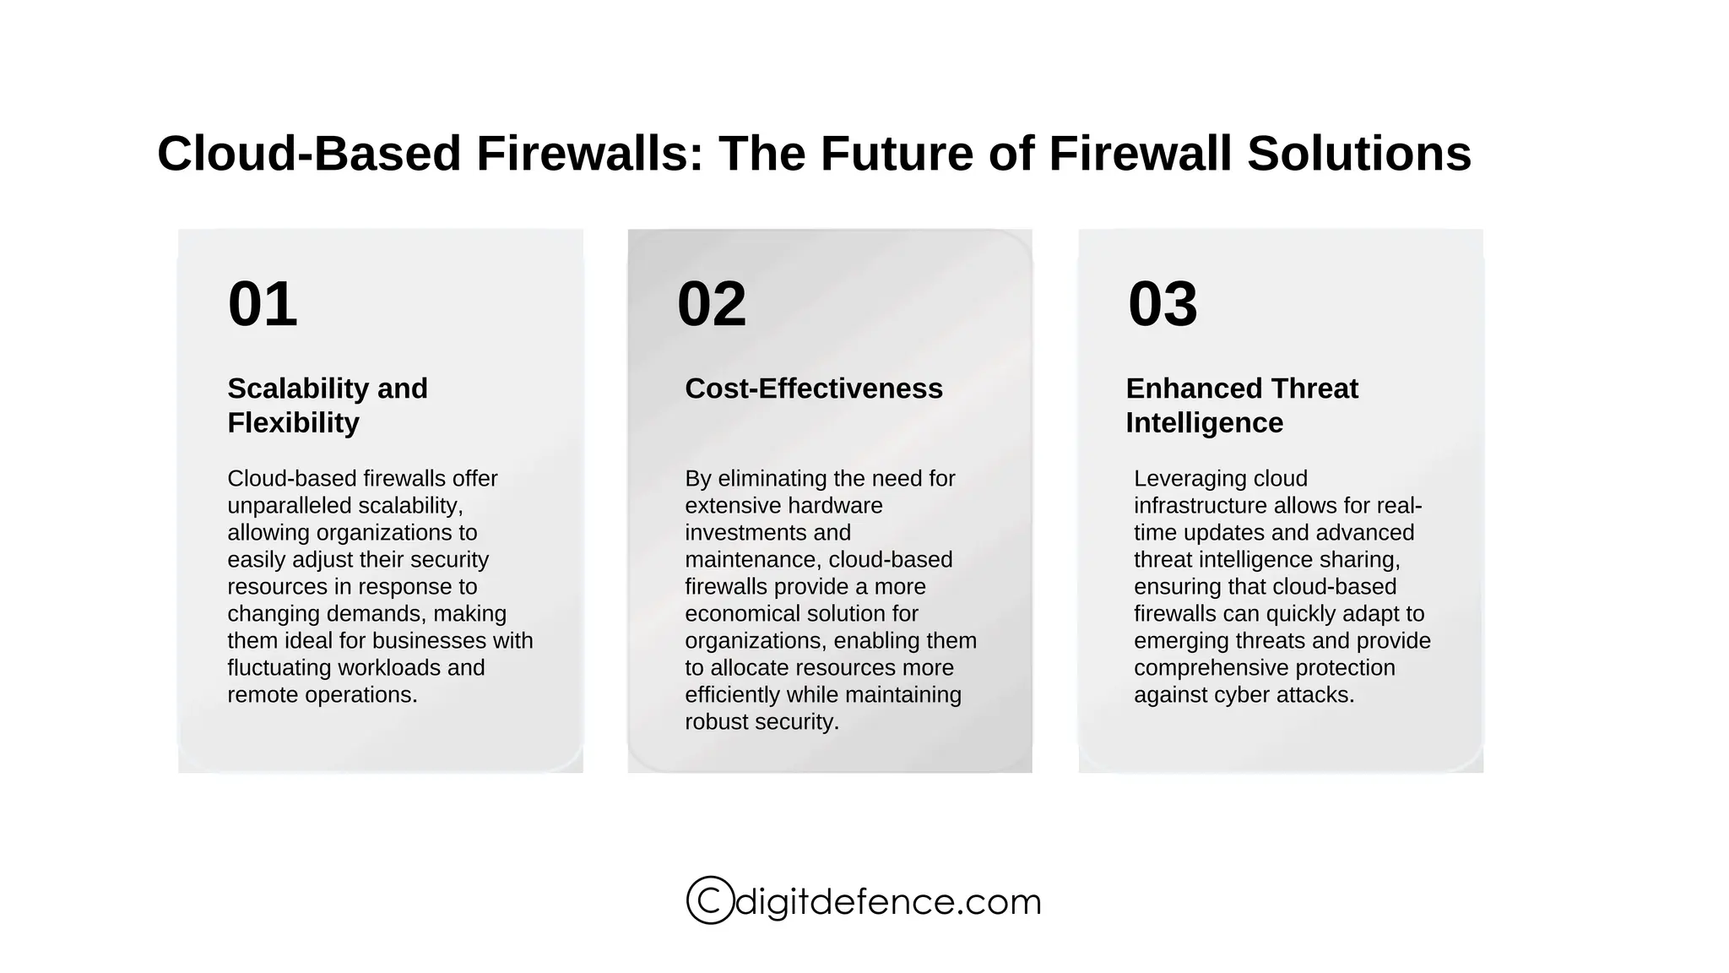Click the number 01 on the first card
click(263, 304)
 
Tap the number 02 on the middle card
click(712, 304)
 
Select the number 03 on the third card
click(1163, 304)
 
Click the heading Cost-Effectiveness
click(813, 389)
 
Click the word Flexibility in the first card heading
click(293, 422)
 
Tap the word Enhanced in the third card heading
click(1181, 389)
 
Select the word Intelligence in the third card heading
click(1204, 422)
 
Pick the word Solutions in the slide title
click(1358, 154)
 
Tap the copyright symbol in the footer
click(710, 900)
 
